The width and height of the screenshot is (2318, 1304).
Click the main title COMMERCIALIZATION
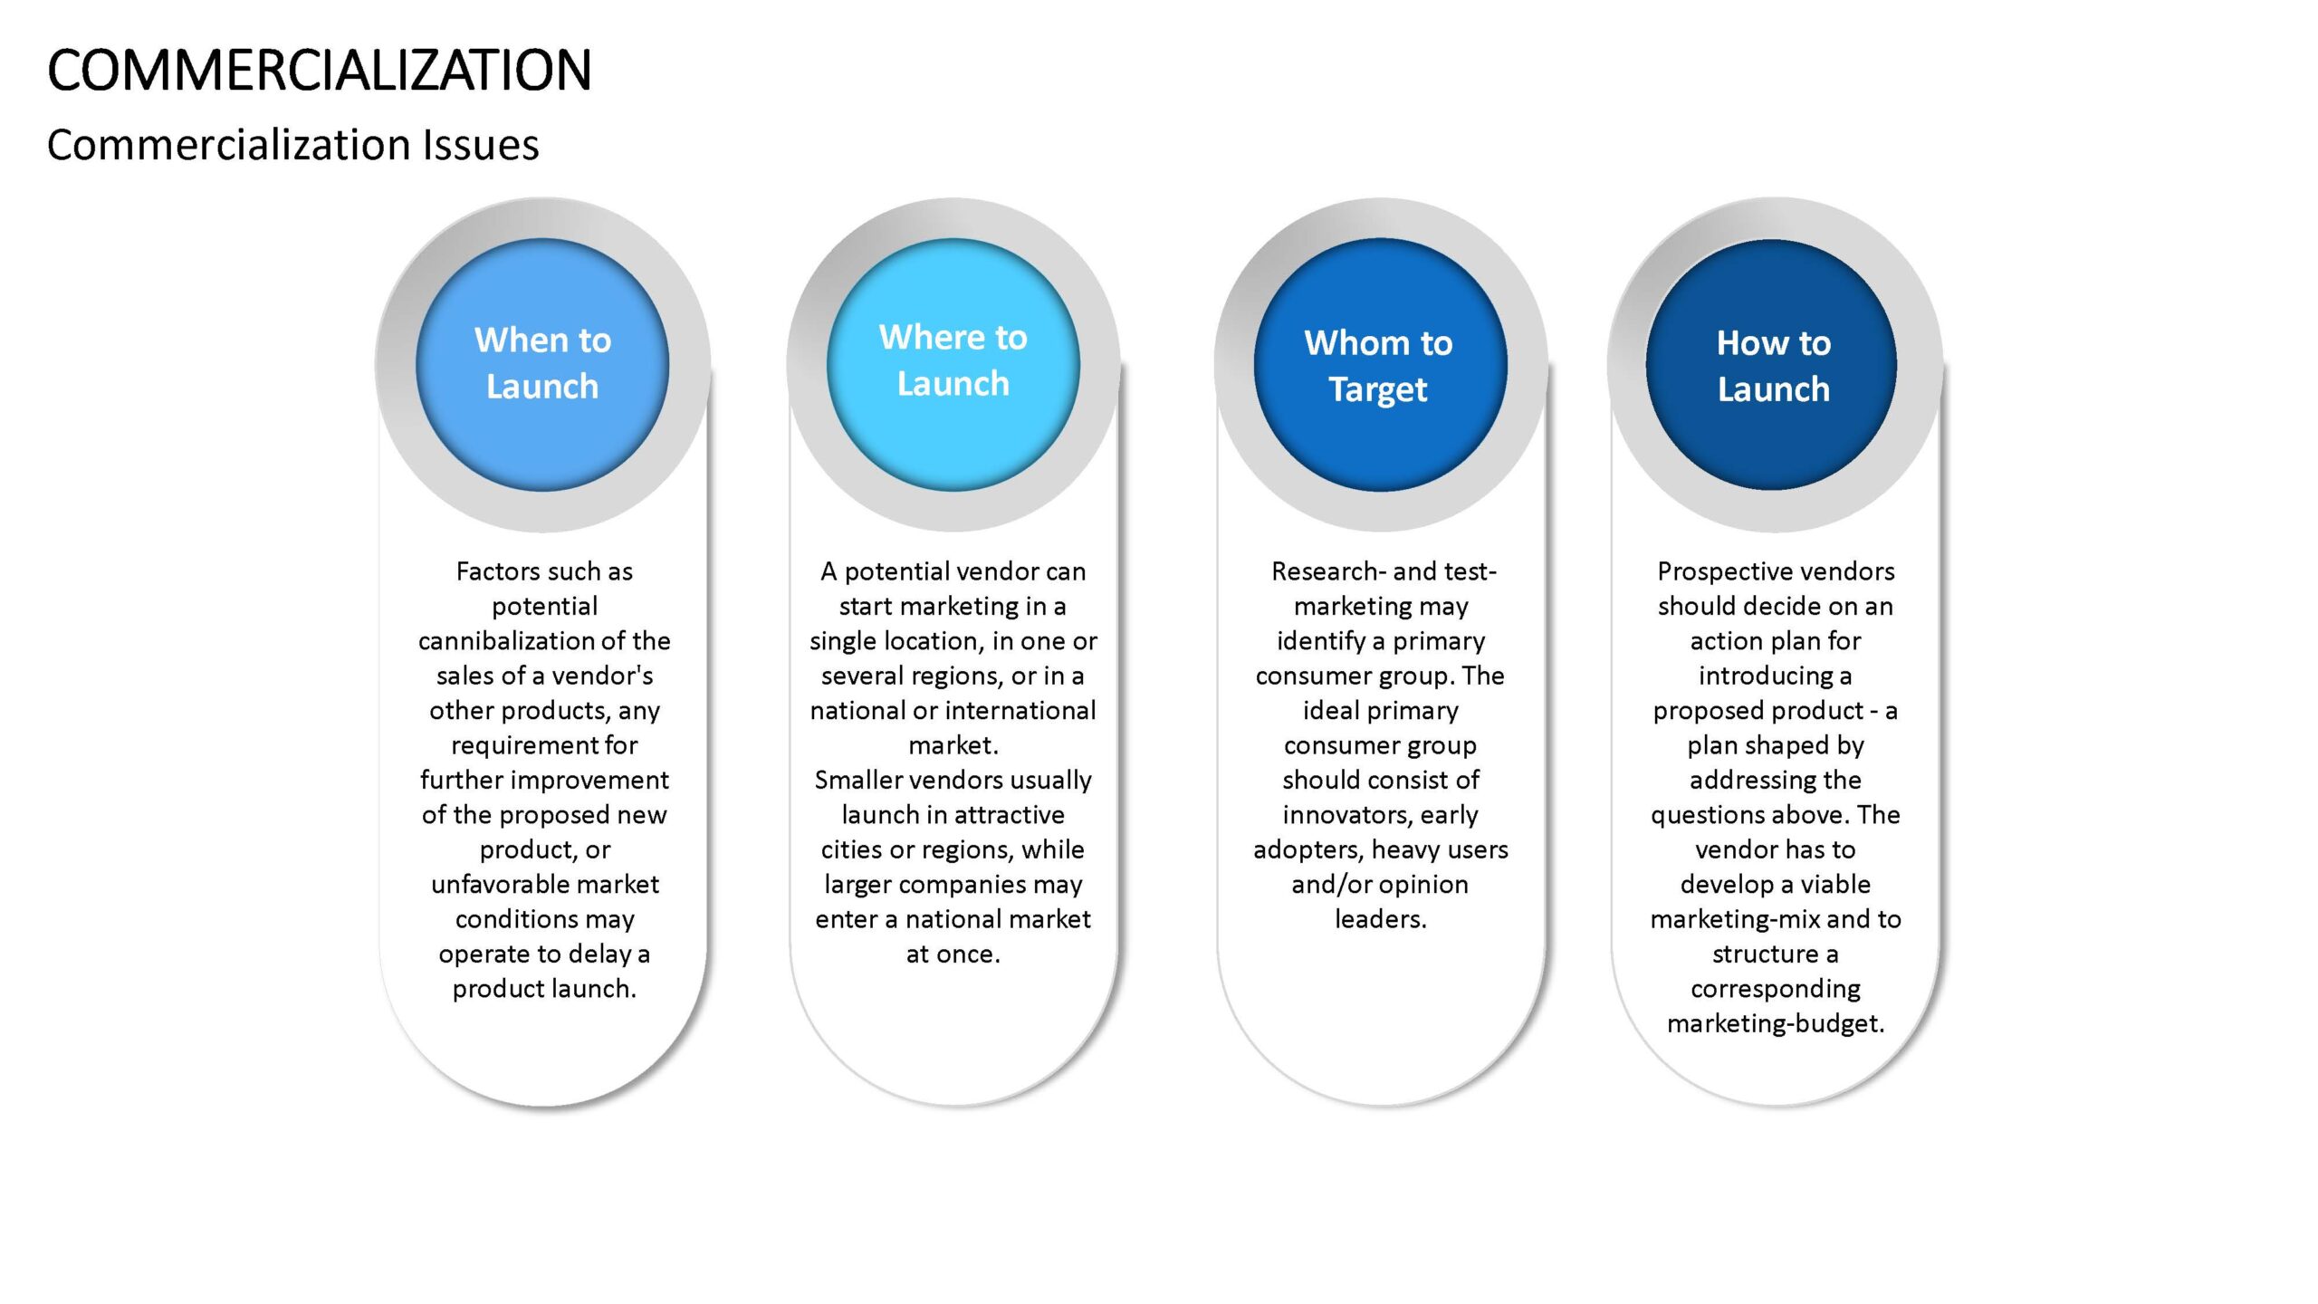click(319, 71)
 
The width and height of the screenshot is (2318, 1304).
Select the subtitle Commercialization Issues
click(292, 145)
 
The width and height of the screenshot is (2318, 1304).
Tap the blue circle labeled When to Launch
click(542, 364)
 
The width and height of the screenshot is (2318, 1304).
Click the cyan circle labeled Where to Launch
click(953, 364)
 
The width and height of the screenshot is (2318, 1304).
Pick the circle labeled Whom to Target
click(1380, 364)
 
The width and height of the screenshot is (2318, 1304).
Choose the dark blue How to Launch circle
click(1772, 364)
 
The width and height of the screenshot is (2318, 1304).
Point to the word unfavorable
click(499, 884)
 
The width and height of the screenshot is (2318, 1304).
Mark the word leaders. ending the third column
click(1381, 919)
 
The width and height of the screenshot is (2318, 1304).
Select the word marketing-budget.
click(1776, 1024)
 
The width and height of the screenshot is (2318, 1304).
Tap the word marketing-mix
click(1735, 920)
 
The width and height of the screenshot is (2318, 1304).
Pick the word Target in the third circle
click(1378, 390)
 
